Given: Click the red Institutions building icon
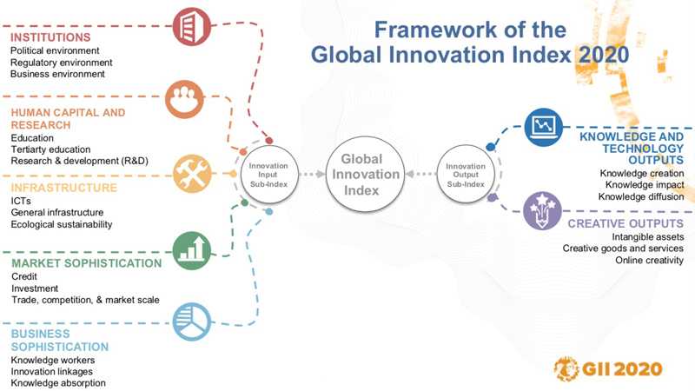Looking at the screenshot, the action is pos(191,27).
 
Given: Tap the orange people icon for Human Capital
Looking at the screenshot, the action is pos(184,99).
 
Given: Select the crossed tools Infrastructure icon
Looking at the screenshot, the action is pos(192,173).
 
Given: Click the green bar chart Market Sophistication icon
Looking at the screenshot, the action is pos(191,250).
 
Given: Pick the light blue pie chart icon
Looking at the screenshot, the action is pos(191,321).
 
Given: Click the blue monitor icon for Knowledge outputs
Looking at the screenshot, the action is pos(544,127).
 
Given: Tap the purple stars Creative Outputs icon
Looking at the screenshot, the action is pos(542,211).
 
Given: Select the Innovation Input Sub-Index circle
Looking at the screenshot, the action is pos(269,175).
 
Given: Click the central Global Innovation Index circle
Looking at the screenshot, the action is pos(365,175).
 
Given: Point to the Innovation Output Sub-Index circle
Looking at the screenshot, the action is pos(466,175).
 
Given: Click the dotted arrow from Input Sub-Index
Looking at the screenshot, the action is pos(312,175).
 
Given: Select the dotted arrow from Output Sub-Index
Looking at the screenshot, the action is pos(420,175).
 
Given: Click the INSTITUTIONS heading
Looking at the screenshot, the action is pos(50,37).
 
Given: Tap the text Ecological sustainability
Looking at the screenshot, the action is pos(62,224).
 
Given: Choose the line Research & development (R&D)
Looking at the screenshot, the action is pos(80,161).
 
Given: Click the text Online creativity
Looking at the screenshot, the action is pos(649,260).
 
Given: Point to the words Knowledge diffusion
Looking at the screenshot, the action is pos(641,196).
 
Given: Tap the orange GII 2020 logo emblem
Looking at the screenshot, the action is pos(566,368).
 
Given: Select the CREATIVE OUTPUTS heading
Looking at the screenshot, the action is pos(625,223).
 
